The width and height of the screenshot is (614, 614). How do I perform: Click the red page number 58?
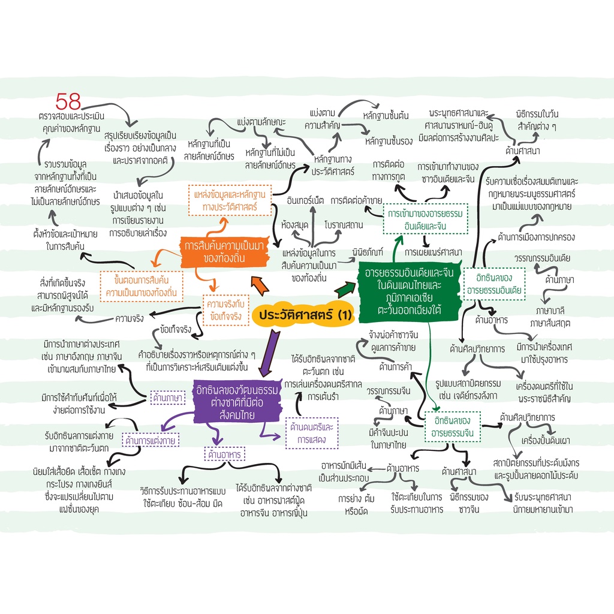[x=68, y=101]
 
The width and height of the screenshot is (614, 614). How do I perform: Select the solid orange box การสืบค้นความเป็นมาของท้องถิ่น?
[x=225, y=252]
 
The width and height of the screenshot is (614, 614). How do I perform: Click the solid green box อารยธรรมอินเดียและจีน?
[x=409, y=291]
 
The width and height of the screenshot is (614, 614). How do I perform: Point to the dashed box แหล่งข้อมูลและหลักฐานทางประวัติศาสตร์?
[x=230, y=200]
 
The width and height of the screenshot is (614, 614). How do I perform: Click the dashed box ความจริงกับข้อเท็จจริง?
[x=226, y=310]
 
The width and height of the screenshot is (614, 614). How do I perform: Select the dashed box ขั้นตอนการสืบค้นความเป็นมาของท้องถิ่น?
[x=142, y=286]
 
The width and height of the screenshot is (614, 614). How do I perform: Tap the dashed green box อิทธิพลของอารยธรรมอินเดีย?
[x=494, y=284]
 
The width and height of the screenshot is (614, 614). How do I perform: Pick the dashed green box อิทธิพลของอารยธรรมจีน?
[x=452, y=427]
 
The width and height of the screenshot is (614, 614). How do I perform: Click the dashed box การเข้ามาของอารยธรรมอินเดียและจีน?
[x=425, y=219]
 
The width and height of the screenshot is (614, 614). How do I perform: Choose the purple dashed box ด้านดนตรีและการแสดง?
[x=312, y=433]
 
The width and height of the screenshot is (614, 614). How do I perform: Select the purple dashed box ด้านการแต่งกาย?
[x=151, y=440]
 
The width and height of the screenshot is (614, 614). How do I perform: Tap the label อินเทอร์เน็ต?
[x=305, y=201]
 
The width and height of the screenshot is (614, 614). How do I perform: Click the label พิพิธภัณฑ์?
[x=368, y=252]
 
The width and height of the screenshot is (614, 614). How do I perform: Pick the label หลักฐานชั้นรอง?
[x=389, y=142]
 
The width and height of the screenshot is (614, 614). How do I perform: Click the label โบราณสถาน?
[x=344, y=225]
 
